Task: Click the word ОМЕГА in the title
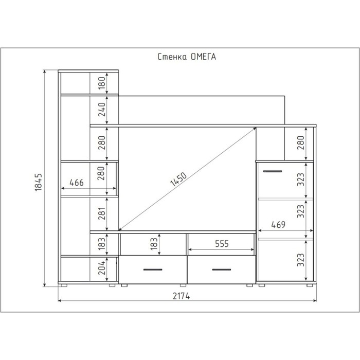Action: click(203, 57)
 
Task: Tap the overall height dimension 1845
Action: click(38, 183)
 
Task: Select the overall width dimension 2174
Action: click(181, 296)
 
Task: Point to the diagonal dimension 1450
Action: click(178, 179)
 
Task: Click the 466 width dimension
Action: click(77, 183)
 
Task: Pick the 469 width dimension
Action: click(278, 225)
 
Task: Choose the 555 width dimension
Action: click(222, 244)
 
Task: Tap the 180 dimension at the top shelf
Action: click(101, 83)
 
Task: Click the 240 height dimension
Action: click(101, 110)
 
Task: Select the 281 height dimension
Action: click(101, 213)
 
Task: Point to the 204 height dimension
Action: click(101, 268)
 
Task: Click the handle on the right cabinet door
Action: click(273, 171)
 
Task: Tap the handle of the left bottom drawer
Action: click(153, 269)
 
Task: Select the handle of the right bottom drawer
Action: click(222, 269)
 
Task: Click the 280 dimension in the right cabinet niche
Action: click(300, 142)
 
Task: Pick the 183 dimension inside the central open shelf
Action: click(154, 243)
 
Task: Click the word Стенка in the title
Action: click(172, 57)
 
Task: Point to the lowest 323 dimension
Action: click(300, 260)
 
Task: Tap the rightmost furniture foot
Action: click(310, 285)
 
